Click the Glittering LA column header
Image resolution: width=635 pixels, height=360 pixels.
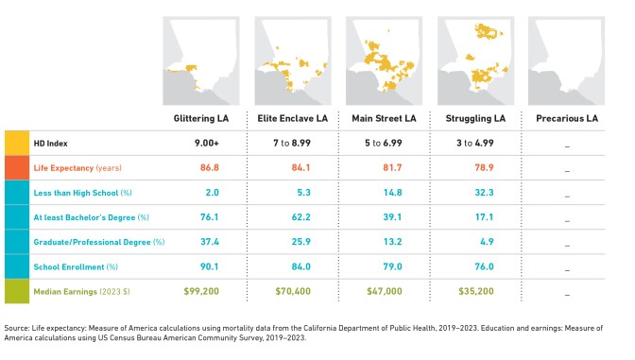pyautogui.click(x=200, y=118)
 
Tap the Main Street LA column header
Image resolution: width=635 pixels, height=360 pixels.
pyautogui.click(x=384, y=118)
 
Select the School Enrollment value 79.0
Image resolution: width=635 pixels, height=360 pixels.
pyautogui.click(x=392, y=266)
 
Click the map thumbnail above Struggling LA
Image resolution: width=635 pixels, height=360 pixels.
pyautogui.click(x=475, y=59)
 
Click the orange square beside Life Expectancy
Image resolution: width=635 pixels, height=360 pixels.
pyautogui.click(x=16, y=167)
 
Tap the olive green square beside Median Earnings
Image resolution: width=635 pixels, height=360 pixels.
pyautogui.click(x=16, y=291)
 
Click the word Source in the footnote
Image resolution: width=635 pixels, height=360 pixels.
pyautogui.click(x=18, y=330)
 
